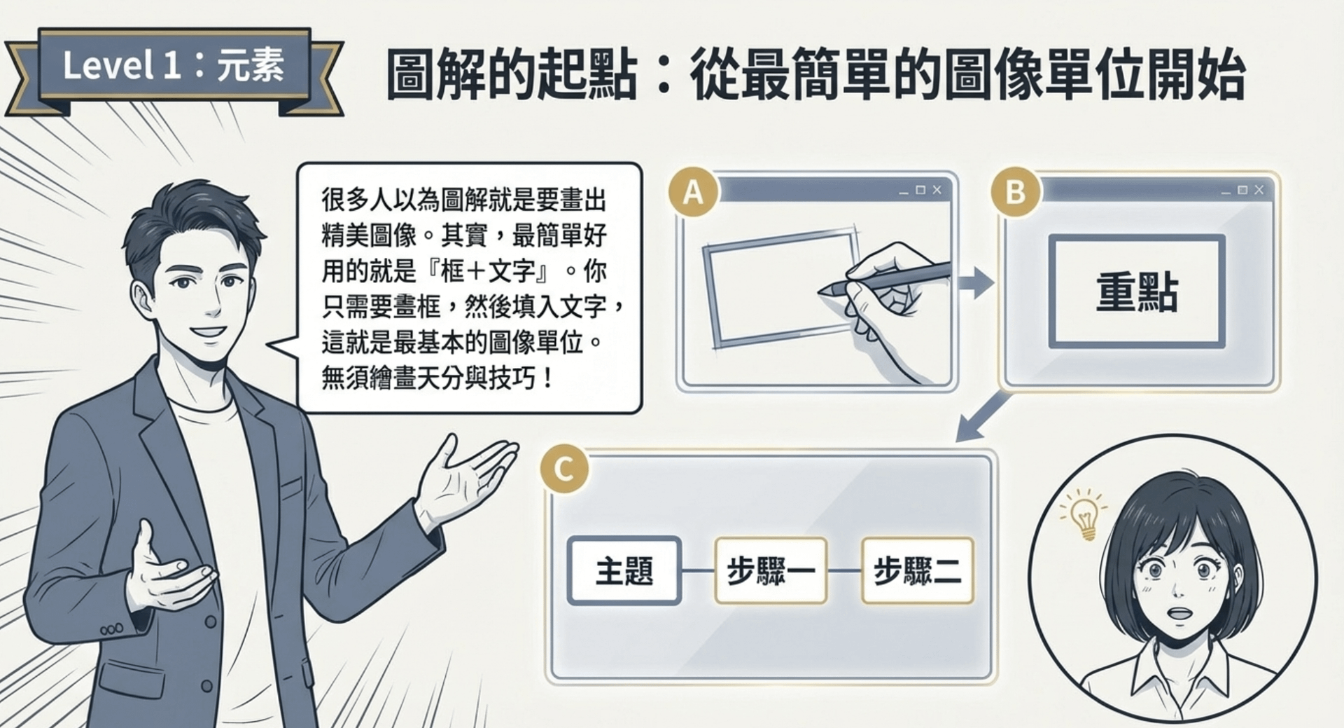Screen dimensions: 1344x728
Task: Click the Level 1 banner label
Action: click(174, 67)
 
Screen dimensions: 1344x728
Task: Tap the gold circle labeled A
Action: click(693, 191)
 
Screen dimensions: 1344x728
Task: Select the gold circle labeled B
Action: click(1015, 191)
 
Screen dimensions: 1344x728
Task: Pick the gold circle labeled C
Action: click(564, 469)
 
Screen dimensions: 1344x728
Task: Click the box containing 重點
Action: click(1137, 291)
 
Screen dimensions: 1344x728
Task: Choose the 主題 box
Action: click(624, 570)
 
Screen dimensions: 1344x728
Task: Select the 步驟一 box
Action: click(771, 570)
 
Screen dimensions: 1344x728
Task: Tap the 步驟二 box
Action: click(918, 570)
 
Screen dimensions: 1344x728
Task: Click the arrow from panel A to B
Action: click(976, 283)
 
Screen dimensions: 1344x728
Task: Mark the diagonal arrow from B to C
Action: click(984, 416)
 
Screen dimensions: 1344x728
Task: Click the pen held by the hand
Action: click(885, 277)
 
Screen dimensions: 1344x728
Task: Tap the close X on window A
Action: click(937, 190)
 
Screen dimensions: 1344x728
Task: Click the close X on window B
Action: click(1259, 190)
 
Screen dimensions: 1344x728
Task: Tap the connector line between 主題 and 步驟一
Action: click(698, 570)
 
